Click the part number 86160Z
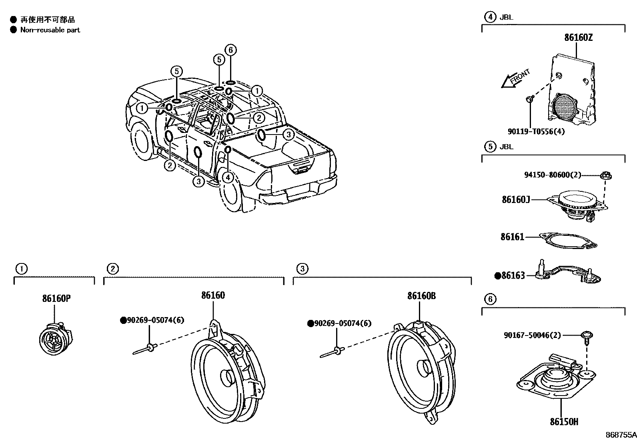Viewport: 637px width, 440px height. coord(578,38)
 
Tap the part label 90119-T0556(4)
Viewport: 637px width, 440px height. coord(536,131)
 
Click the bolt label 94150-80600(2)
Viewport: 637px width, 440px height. coord(552,175)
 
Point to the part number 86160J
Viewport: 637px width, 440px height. coord(516,199)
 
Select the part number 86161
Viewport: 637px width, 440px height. coord(512,237)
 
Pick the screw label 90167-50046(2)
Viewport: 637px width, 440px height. coord(532,336)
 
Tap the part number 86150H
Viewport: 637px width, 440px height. coord(564,422)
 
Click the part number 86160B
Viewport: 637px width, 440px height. coord(421,296)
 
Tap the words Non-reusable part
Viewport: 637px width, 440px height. coord(50,30)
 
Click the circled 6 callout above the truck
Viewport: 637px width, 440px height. coord(230,50)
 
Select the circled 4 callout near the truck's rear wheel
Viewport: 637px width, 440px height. coord(228,177)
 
